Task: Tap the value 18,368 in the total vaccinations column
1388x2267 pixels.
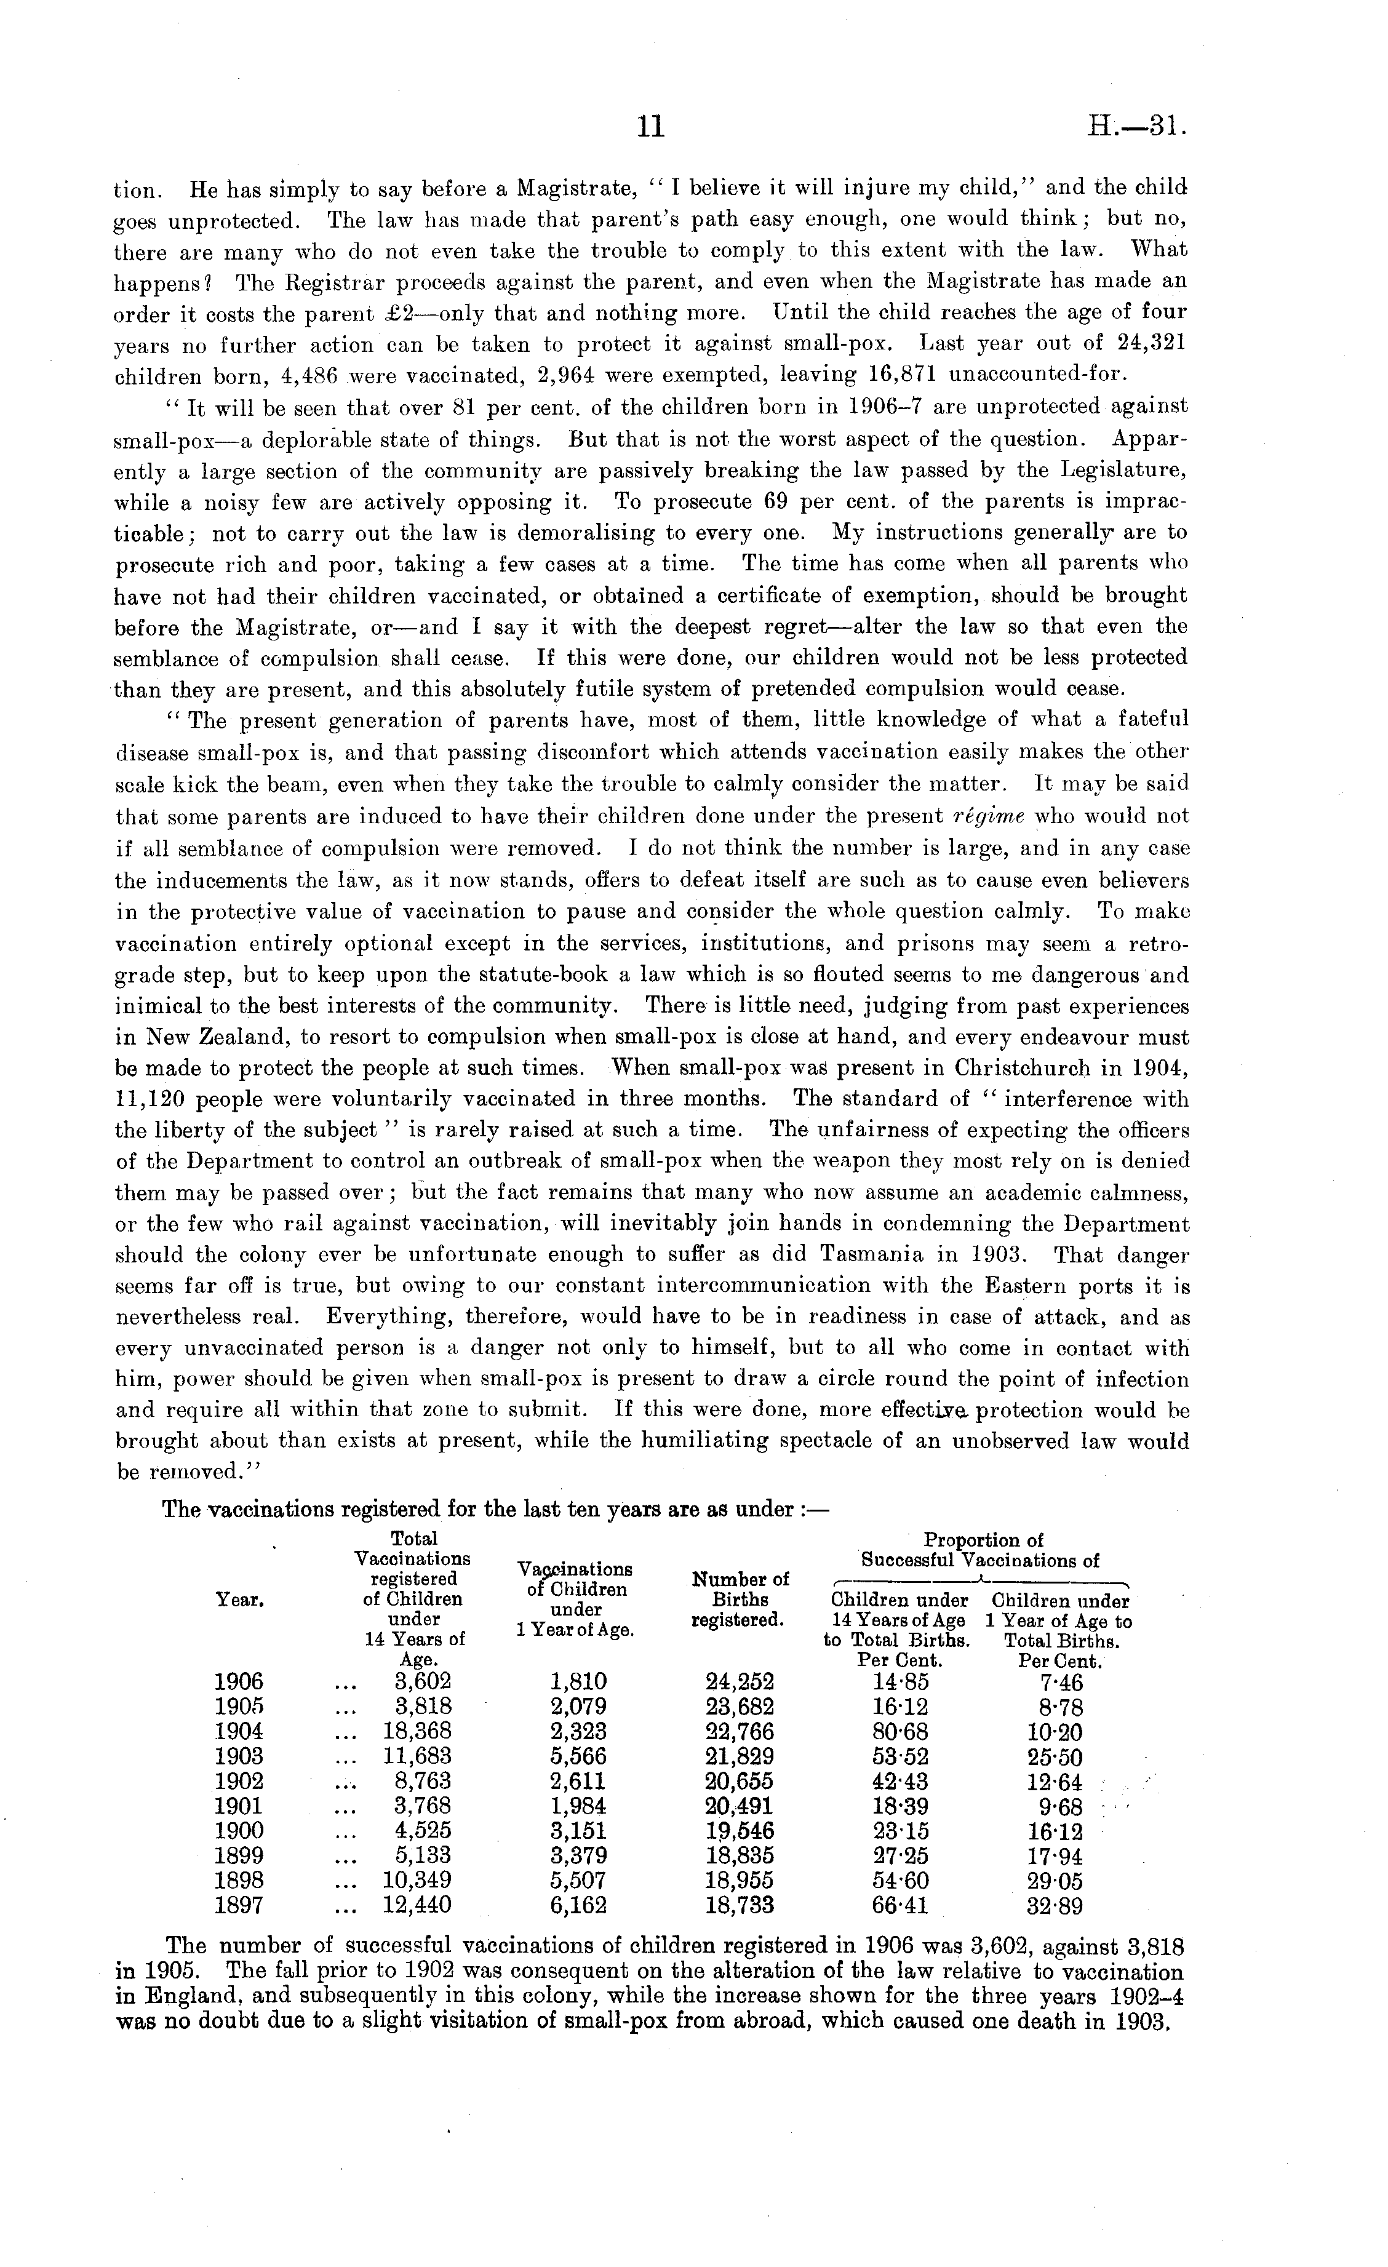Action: [x=417, y=1732]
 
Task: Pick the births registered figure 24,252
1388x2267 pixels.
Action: [x=739, y=1682]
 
